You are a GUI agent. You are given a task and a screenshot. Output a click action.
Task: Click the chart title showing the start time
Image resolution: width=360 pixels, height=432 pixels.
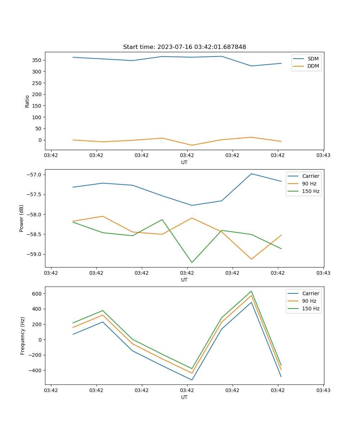pos(184,47)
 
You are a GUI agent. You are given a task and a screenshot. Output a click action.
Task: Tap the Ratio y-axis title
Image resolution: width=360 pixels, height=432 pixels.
pos(27,102)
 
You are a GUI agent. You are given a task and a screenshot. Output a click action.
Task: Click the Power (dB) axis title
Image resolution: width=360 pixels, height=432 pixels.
pos(22,218)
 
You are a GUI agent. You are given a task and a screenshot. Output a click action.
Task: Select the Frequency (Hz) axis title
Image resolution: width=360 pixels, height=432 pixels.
pos(23,336)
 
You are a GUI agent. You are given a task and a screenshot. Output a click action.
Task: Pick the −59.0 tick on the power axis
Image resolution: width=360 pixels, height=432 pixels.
pos(35,254)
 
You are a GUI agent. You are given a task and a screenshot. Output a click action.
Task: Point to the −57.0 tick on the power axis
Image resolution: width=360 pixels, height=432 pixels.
pos(35,175)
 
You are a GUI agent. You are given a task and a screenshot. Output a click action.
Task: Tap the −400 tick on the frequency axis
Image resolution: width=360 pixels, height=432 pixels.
pos(35,370)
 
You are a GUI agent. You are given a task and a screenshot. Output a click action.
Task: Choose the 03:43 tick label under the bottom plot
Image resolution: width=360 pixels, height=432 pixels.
pos(323,390)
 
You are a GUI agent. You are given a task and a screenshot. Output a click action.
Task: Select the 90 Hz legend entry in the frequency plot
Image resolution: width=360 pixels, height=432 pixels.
pos(309,301)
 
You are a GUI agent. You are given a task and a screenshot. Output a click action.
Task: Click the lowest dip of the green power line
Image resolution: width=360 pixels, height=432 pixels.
pos(192,262)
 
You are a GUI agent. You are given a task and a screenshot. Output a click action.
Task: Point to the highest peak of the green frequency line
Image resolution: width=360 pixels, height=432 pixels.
pos(251,291)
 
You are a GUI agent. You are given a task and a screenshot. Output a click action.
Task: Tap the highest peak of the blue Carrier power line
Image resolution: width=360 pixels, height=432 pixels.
pos(251,174)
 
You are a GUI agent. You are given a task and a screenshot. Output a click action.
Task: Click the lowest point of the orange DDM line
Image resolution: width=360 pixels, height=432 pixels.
pos(192,145)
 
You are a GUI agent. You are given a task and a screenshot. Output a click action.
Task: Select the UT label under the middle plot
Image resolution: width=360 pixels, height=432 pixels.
pos(184,280)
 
